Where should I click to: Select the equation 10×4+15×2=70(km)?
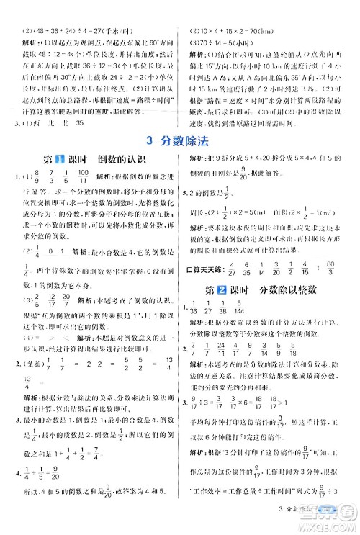(234, 10)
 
